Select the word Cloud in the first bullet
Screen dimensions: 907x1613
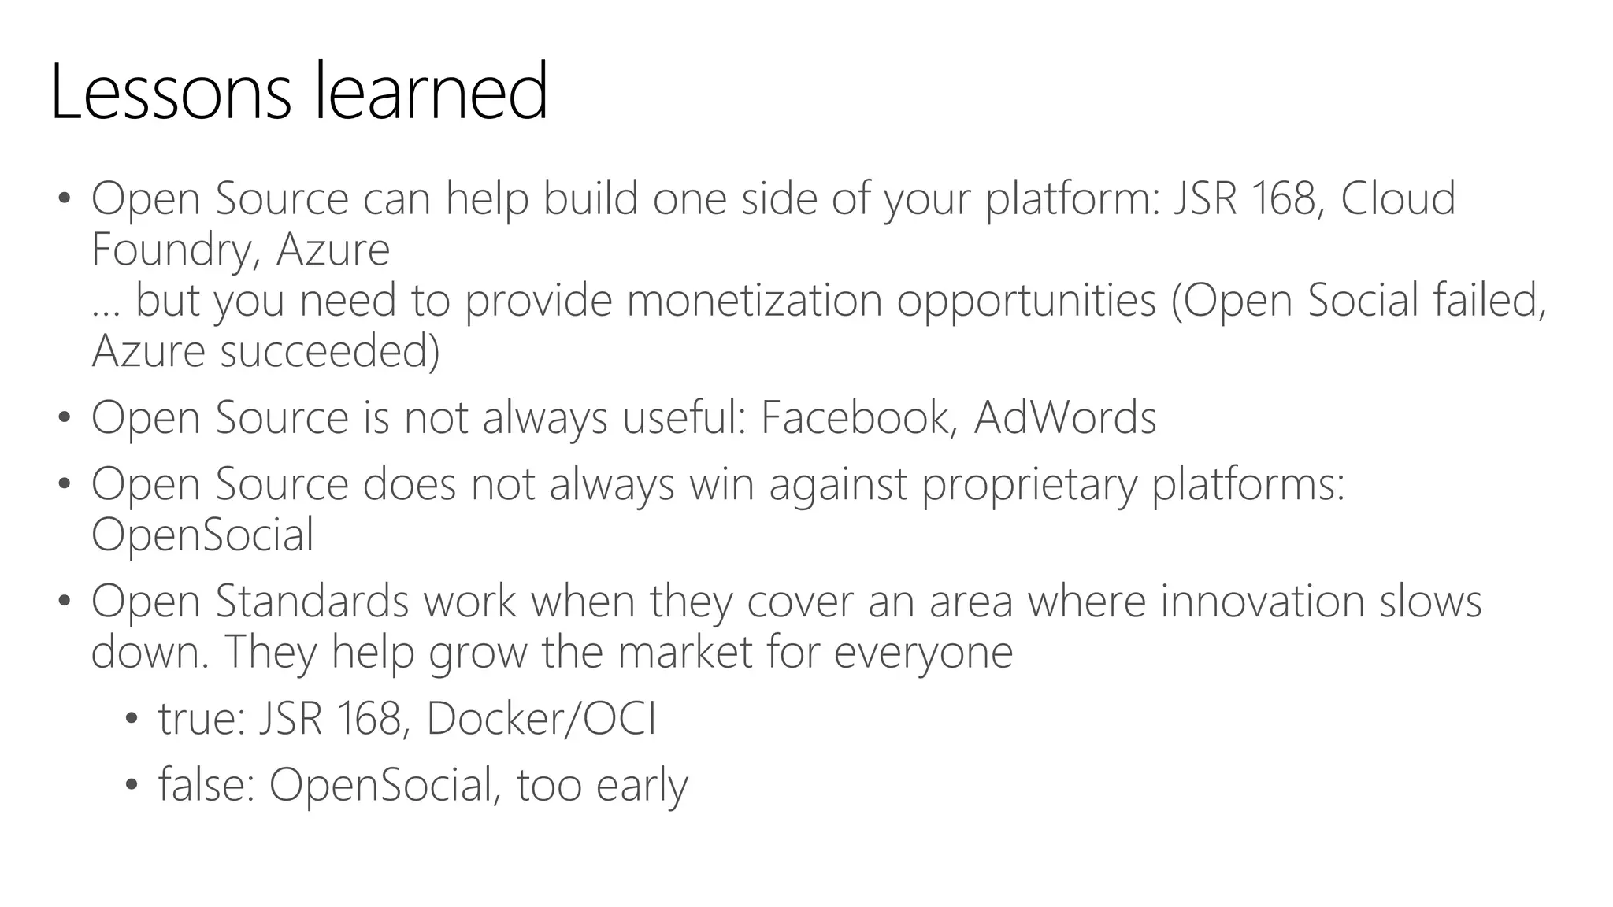coord(1397,198)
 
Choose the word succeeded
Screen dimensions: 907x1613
coord(329,351)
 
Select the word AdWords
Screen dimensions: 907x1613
coord(1065,417)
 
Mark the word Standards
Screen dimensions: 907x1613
coord(312,602)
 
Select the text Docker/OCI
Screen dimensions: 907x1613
coord(541,719)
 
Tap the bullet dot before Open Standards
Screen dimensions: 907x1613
coord(64,602)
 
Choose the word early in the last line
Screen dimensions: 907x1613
coord(642,785)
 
